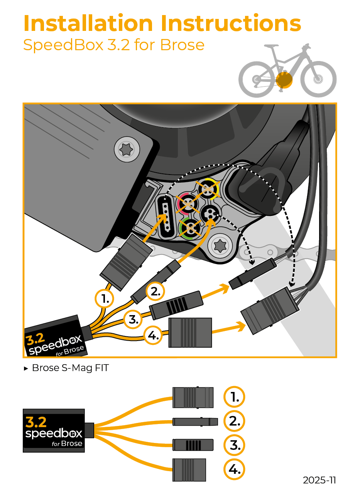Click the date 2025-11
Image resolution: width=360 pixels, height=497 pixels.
point(319,480)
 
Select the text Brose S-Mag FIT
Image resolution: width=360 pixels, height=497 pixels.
point(70,368)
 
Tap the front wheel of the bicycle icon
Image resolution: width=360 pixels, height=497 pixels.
point(318,80)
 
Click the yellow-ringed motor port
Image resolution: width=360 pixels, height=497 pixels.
point(207,189)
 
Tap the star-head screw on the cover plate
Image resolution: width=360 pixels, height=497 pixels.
point(127,148)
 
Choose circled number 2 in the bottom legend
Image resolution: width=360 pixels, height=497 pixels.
point(234,421)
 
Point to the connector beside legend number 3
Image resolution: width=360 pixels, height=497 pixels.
point(193,445)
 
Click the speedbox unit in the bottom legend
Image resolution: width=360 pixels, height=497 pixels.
point(54,431)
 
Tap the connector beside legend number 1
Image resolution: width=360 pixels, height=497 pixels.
point(193,397)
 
